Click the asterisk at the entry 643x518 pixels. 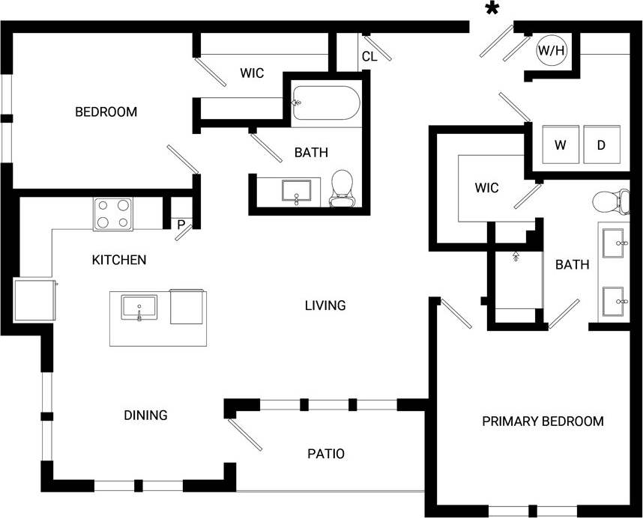tap(492, 9)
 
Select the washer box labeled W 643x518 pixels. tap(560, 144)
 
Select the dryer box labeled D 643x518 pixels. tap(601, 144)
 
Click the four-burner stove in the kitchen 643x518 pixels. tap(112, 213)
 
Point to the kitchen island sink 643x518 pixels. tap(139, 308)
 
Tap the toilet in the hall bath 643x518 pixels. tap(342, 189)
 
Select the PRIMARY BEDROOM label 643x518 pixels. tap(543, 421)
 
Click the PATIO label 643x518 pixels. tap(326, 454)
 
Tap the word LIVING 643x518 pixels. tap(325, 305)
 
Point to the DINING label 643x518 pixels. tap(145, 415)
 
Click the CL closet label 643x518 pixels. tap(369, 56)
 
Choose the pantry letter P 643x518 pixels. tap(181, 223)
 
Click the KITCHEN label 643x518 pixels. tap(118, 260)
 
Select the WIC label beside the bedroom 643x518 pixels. tap(252, 73)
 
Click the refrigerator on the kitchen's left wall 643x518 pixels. tap(34, 300)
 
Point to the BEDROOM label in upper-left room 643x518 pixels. tap(106, 112)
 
